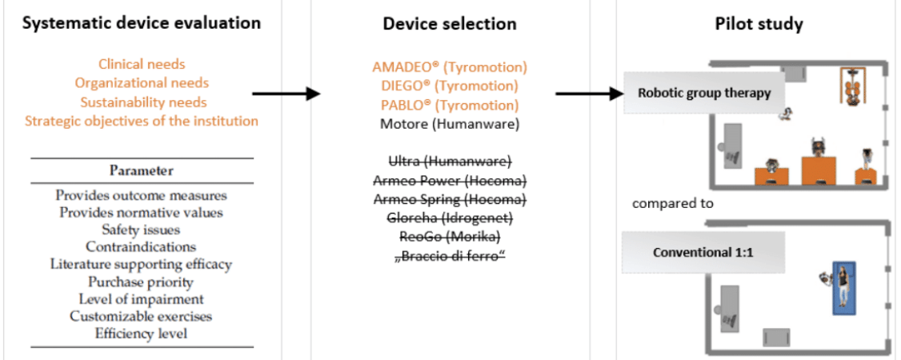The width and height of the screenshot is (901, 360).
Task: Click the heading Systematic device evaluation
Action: click(x=142, y=23)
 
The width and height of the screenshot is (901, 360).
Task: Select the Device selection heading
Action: click(x=450, y=23)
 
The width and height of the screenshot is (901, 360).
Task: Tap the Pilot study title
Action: click(x=759, y=24)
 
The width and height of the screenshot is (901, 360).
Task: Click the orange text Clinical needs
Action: click(x=142, y=64)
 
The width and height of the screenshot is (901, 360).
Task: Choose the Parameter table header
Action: click(x=142, y=170)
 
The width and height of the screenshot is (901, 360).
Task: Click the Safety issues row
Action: click(x=142, y=230)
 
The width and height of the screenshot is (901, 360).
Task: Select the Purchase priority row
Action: click(x=142, y=282)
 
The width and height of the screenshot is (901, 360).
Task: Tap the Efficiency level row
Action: click(x=142, y=334)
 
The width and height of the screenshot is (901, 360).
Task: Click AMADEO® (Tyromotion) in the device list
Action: click(x=450, y=66)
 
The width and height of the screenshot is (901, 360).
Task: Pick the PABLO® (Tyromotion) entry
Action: click(x=450, y=105)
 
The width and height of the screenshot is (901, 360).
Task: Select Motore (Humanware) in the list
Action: click(x=450, y=125)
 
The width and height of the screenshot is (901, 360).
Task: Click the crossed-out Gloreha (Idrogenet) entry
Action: click(x=450, y=218)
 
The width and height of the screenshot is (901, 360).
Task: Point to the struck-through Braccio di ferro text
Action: click(x=450, y=256)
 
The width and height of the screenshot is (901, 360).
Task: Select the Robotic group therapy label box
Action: click(x=704, y=93)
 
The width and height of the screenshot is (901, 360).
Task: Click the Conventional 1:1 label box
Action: click(x=703, y=252)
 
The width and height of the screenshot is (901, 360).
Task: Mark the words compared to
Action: click(x=672, y=203)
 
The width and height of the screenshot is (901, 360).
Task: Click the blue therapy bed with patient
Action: click(x=843, y=288)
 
